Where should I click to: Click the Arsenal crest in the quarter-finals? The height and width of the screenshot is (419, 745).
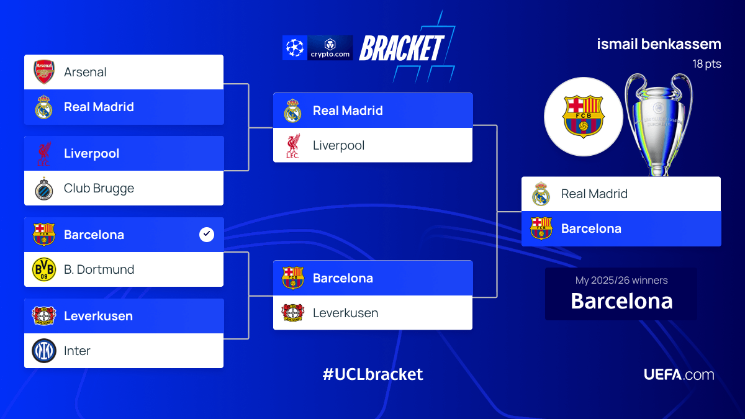pyautogui.click(x=44, y=72)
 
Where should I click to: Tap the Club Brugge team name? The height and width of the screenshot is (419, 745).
pyautogui.click(x=99, y=188)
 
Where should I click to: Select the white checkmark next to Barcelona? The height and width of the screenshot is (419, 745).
pyautogui.click(x=207, y=235)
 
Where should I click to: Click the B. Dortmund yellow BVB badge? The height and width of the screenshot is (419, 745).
pyautogui.click(x=44, y=269)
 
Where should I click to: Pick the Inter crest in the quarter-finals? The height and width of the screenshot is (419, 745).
pyautogui.click(x=44, y=351)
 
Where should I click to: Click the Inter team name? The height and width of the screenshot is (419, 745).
pyautogui.click(x=77, y=351)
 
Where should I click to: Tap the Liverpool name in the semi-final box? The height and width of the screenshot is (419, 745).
pyautogui.click(x=338, y=145)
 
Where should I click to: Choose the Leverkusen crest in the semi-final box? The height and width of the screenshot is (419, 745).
pyautogui.click(x=293, y=313)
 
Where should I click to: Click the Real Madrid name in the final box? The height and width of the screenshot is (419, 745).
pyautogui.click(x=594, y=194)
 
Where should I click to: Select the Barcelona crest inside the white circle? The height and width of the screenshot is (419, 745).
pyautogui.click(x=583, y=116)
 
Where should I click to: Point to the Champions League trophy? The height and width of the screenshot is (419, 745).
pyautogui.click(x=658, y=124)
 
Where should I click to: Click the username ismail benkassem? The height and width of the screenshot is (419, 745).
pyautogui.click(x=659, y=45)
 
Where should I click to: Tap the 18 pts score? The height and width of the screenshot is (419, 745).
pyautogui.click(x=707, y=64)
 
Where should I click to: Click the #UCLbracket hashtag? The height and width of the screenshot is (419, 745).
pyautogui.click(x=372, y=374)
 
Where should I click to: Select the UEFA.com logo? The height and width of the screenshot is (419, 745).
pyautogui.click(x=679, y=374)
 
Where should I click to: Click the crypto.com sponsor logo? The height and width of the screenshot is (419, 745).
pyautogui.click(x=330, y=48)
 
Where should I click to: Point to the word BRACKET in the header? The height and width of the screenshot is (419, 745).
pyautogui.click(x=402, y=48)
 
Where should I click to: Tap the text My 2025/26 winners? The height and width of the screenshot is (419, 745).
pyautogui.click(x=621, y=280)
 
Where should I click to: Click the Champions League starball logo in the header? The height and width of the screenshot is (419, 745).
pyautogui.click(x=294, y=48)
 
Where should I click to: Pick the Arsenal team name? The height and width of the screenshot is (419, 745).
pyautogui.click(x=85, y=72)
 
